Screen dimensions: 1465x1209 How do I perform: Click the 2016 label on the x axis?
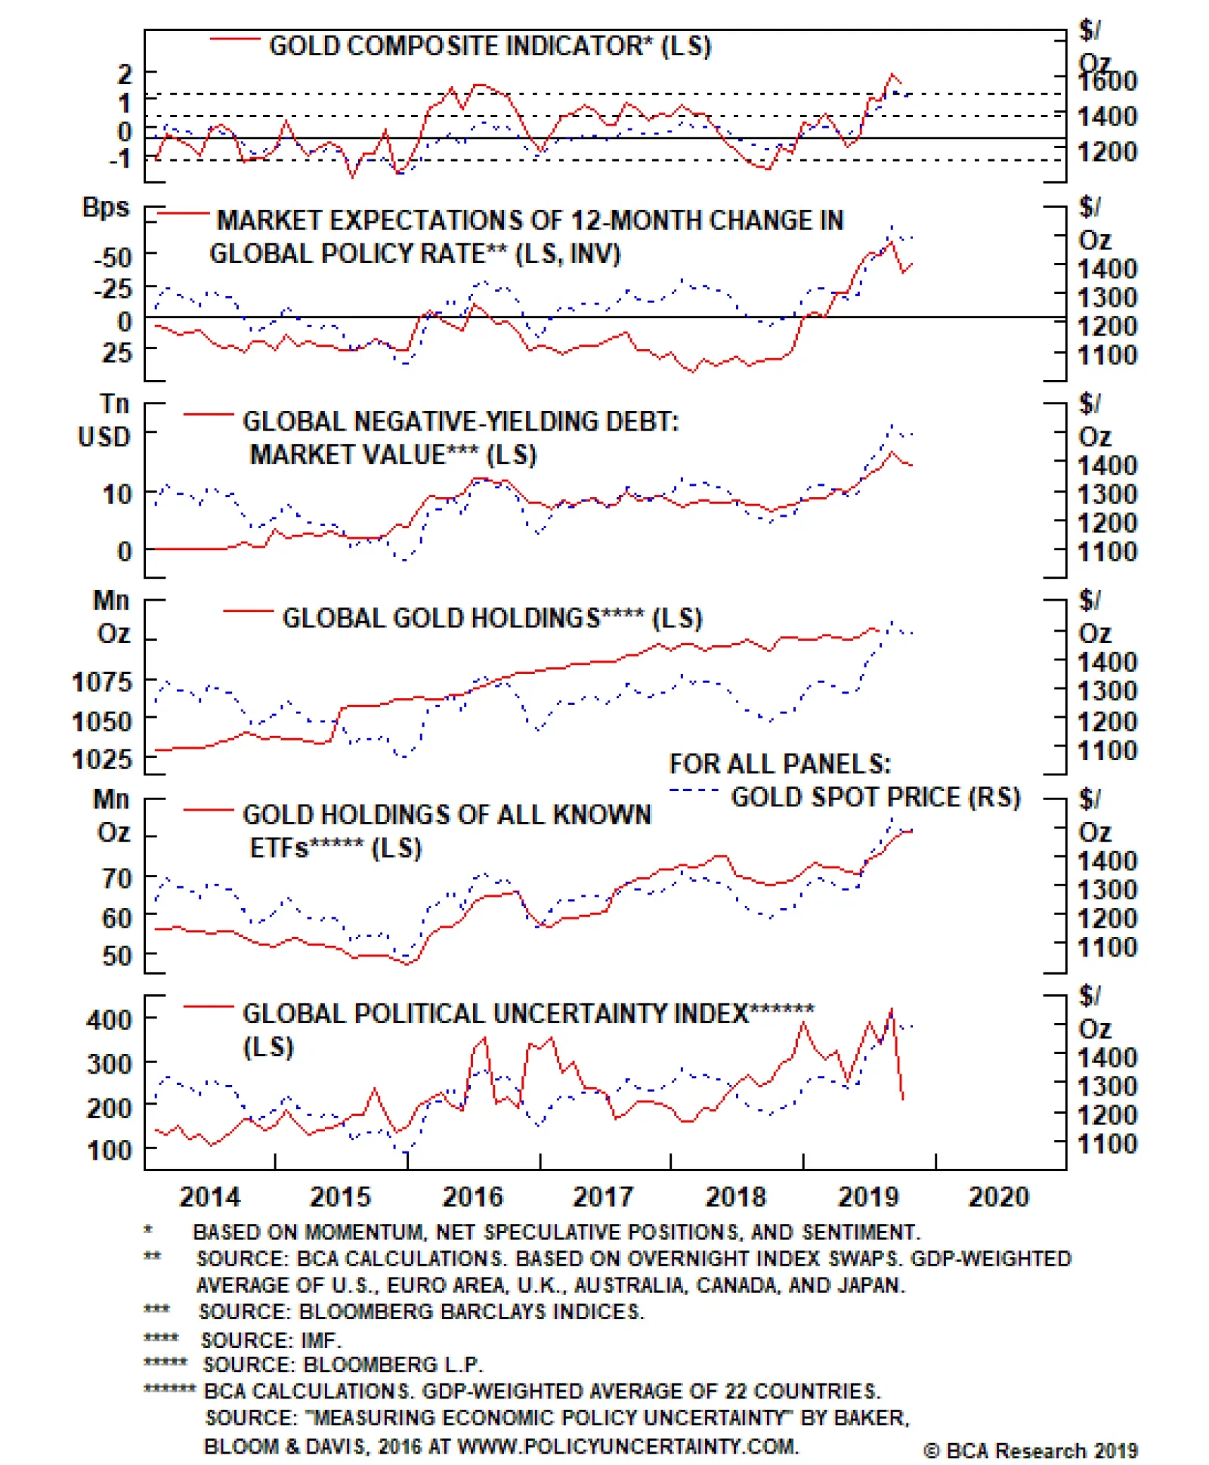coord(472,1197)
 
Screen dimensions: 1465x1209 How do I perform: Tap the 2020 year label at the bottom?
coord(998,1197)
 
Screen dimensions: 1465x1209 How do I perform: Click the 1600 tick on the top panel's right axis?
coord(1107,81)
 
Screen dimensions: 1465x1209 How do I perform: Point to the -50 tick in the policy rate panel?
coord(113,258)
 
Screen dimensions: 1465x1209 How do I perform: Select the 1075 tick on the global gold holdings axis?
coord(101,682)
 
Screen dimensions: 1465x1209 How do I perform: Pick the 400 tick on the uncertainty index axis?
coord(109,1021)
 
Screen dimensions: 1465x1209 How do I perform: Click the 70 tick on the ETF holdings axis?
coord(117,879)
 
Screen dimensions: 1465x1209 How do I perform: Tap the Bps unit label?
coord(106,207)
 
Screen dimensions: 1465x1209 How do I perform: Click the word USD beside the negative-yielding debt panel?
coord(104,437)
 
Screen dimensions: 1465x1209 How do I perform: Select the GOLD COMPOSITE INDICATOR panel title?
coord(490,46)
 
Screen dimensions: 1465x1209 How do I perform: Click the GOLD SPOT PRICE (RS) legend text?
coord(875,797)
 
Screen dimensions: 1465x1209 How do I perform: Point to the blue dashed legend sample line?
coord(693,791)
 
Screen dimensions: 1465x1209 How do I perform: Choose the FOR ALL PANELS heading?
coord(779,764)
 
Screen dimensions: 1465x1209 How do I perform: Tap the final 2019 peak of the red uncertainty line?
coord(892,1009)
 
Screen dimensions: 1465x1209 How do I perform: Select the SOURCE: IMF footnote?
coord(271,1340)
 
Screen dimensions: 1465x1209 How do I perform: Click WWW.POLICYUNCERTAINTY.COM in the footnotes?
coord(627,1446)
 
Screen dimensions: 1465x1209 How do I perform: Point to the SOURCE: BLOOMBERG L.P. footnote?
coord(342,1365)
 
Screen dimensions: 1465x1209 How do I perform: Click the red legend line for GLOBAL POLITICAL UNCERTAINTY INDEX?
coord(208,1006)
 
